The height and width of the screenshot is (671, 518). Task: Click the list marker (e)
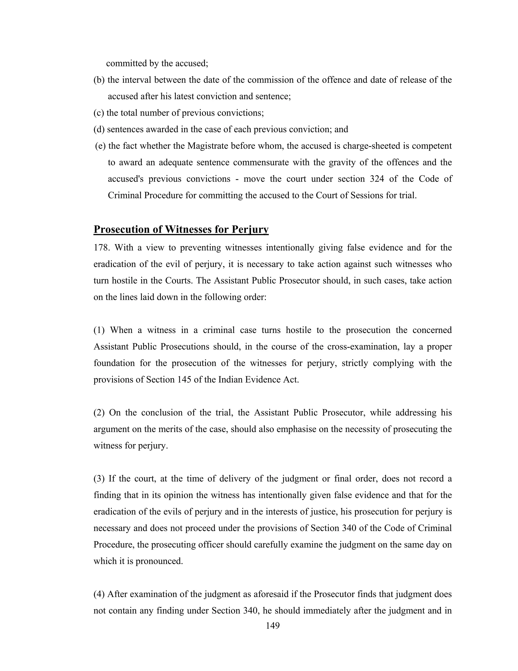[100, 146]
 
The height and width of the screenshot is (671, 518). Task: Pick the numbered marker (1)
[99, 330]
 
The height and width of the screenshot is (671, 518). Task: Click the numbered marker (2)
[99, 413]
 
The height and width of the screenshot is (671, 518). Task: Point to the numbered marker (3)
[99, 479]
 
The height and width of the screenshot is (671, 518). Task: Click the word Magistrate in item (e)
[208, 146]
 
